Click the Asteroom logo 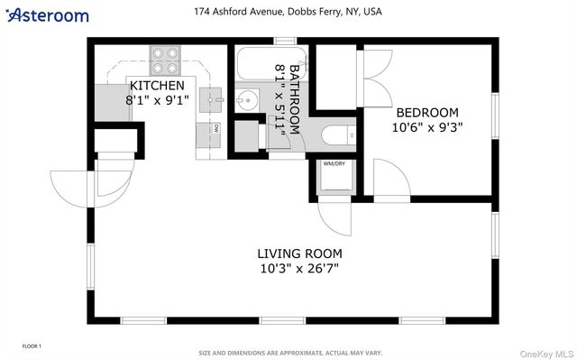(x=47, y=15)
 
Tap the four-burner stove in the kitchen (x=165, y=60)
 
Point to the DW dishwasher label (x=216, y=129)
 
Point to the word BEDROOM (x=427, y=113)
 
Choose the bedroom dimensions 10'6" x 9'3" (x=427, y=127)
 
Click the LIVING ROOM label (x=299, y=254)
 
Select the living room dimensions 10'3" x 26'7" (x=299, y=269)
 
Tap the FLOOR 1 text (x=32, y=346)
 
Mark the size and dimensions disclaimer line (x=290, y=353)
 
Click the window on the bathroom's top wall (x=286, y=41)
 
